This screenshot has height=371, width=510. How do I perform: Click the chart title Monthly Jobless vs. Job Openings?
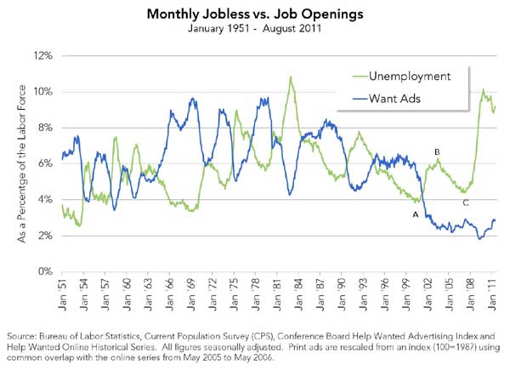click(254, 14)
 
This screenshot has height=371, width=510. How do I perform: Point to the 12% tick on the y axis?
click(42, 55)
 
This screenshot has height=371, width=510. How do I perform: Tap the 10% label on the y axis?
click(42, 91)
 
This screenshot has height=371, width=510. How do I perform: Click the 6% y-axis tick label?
click(43, 163)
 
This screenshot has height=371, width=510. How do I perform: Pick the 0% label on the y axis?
click(43, 271)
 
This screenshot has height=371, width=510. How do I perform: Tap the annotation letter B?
click(437, 152)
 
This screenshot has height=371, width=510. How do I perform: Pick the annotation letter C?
click(465, 203)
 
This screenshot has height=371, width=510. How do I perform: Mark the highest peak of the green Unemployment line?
click(292, 77)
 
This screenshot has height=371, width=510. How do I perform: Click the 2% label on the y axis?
click(43, 236)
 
